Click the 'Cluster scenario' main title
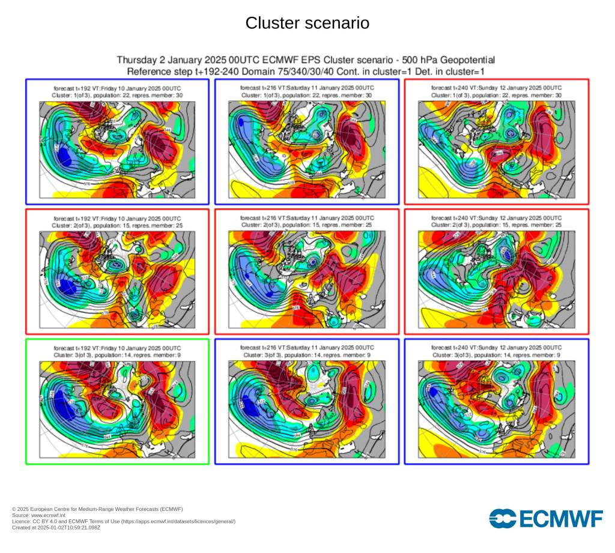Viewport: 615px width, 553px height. pos(307,23)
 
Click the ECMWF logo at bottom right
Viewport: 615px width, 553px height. pos(546,518)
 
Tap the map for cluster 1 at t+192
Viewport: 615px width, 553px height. pos(117,150)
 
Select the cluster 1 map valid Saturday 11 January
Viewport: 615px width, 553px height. pos(307,150)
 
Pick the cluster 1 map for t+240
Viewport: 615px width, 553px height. pos(497,150)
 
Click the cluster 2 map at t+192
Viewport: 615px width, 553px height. pos(117,279)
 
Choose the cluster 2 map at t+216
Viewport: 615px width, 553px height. pos(307,279)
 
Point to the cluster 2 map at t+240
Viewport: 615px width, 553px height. pos(497,279)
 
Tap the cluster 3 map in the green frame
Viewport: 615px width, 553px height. pos(117,409)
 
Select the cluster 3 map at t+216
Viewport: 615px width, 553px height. pos(307,409)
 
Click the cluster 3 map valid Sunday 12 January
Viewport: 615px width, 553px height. pos(497,409)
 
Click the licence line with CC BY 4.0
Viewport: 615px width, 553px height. pos(124,521)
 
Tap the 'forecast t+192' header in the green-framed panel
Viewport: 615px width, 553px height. pos(117,348)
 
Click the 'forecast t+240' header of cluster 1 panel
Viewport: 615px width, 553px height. pos(497,88)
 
